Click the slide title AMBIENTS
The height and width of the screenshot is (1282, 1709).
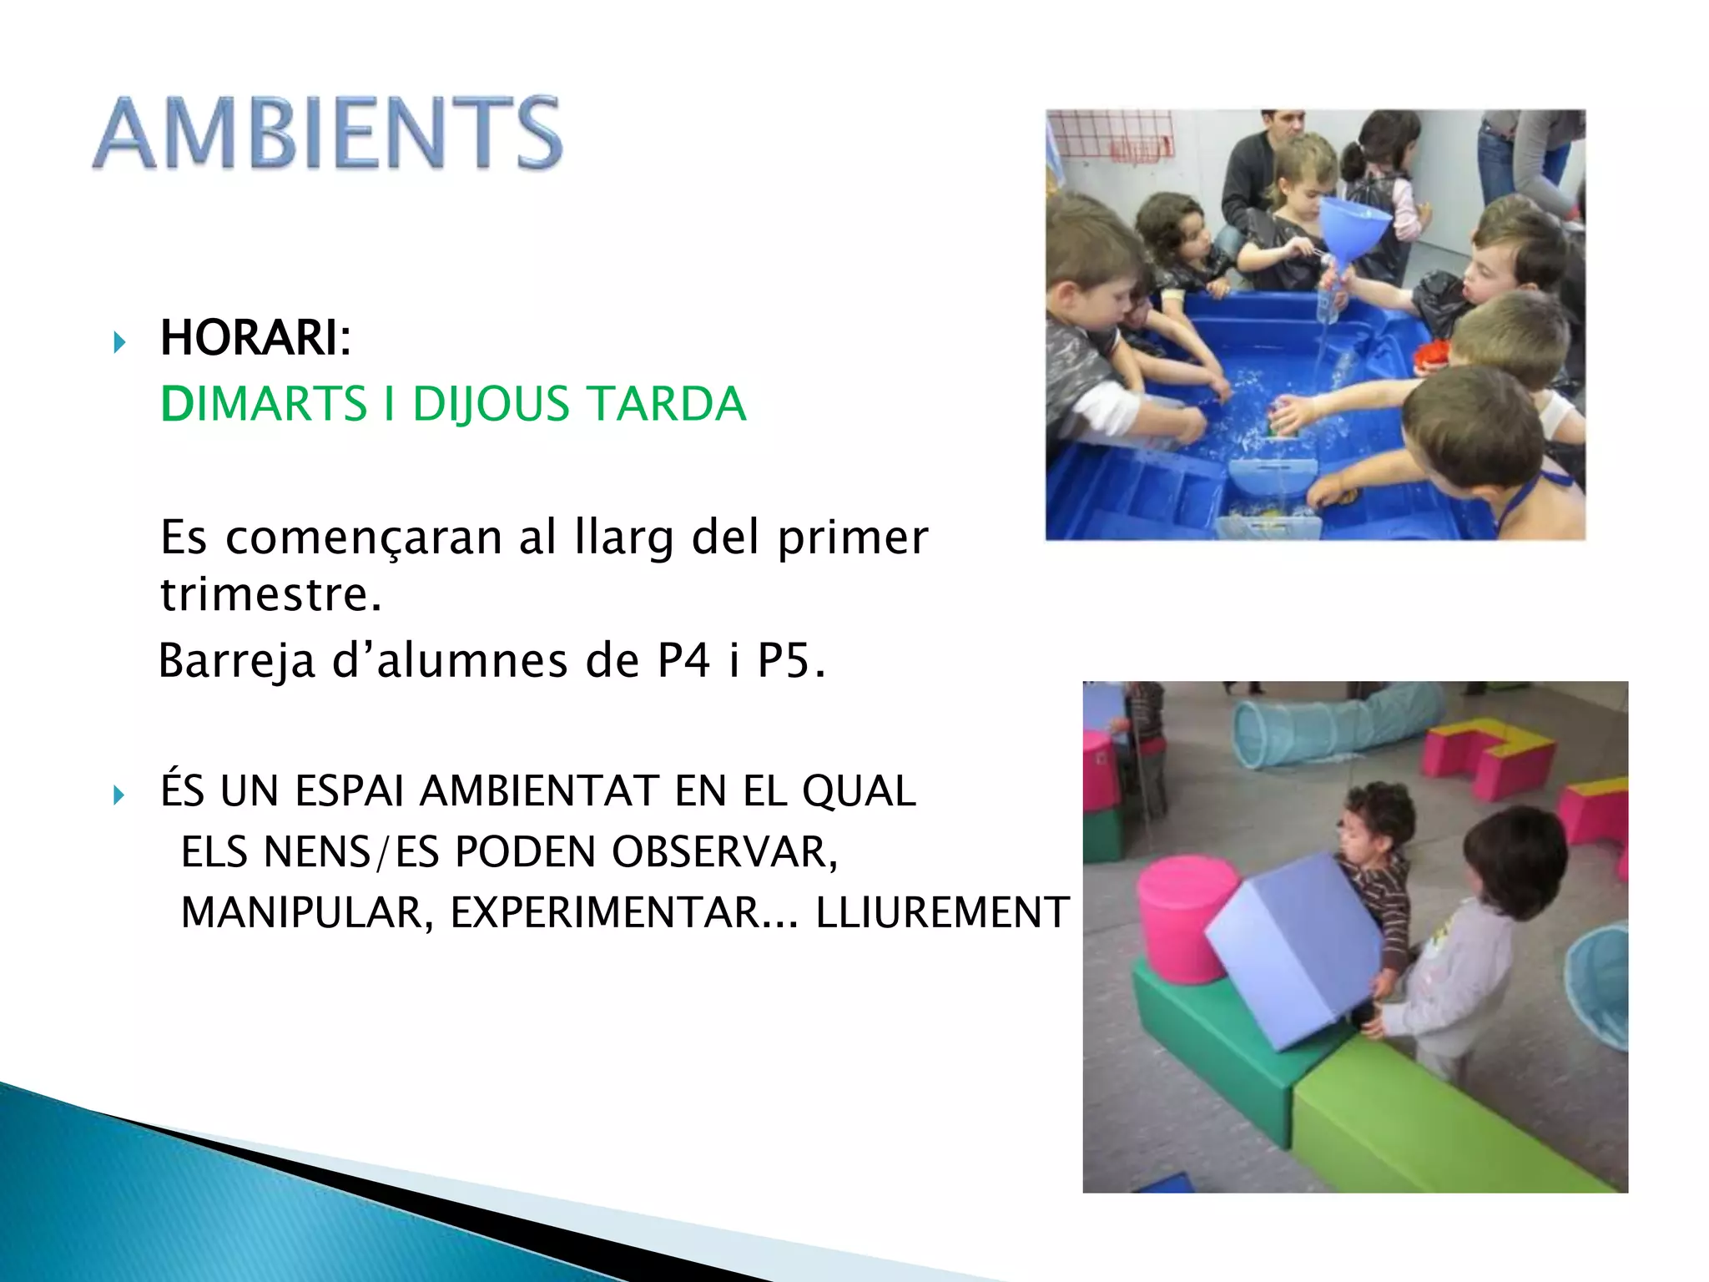[327, 134]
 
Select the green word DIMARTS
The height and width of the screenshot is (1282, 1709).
[263, 404]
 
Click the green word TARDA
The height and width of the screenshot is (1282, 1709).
[668, 404]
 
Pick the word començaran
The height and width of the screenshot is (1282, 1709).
[365, 538]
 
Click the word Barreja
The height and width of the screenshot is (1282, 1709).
[237, 660]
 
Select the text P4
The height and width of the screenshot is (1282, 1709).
[683, 660]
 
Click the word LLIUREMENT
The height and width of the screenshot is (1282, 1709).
[941, 912]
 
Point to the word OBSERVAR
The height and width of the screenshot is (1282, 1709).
[723, 852]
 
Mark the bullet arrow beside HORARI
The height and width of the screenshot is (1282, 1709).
[119, 341]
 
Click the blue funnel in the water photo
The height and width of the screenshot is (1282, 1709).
[1353, 224]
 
